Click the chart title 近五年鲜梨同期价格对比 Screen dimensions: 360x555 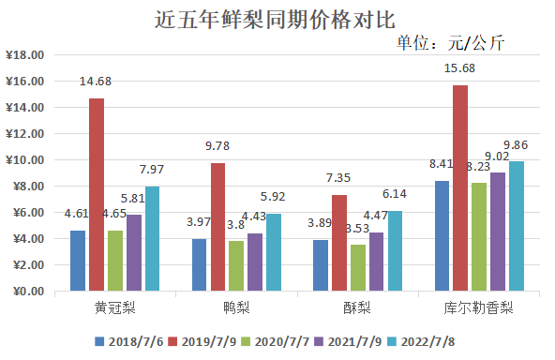[277, 19]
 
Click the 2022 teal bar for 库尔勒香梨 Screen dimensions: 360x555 [517, 226]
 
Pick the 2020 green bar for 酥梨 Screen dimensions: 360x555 [357, 267]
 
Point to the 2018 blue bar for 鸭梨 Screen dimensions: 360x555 [200, 264]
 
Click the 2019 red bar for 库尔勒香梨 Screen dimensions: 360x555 [460, 187]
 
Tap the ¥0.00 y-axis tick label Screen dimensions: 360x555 [28, 292]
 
